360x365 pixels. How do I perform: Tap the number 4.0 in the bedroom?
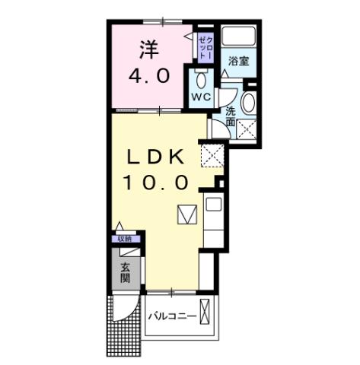tap(150, 77)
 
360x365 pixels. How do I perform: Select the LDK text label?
tap(157, 157)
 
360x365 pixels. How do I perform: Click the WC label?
tap(200, 97)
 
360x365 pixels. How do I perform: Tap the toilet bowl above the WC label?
tap(201, 79)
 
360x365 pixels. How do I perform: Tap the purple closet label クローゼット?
tap(204, 48)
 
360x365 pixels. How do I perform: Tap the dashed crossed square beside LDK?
tap(211, 157)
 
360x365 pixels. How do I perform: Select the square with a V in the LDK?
tap(187, 215)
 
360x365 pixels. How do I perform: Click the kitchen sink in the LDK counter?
tap(213, 204)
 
